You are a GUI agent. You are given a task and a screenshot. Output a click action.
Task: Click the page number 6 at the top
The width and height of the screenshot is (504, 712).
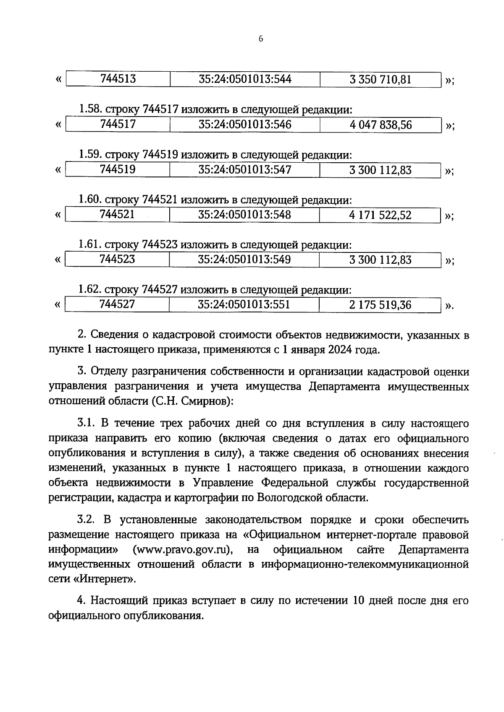pos(260,39)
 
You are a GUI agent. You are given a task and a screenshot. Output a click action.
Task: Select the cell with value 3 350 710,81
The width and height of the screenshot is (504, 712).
pos(380,79)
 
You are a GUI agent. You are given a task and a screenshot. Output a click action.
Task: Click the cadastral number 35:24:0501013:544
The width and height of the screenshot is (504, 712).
pos(245,79)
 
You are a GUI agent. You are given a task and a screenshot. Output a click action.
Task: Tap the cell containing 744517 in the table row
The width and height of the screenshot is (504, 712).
pos(118,124)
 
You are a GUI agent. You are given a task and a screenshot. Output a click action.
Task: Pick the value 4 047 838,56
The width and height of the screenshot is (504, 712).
pos(381,125)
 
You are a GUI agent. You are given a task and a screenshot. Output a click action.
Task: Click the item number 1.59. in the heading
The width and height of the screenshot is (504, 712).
pos(90,155)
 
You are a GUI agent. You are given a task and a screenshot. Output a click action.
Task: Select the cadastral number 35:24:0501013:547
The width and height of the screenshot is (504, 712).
pos(244,169)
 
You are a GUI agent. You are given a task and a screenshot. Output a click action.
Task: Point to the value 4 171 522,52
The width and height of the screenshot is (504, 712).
pos(380,215)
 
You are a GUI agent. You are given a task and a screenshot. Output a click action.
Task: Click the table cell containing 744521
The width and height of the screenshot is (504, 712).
pos(117,214)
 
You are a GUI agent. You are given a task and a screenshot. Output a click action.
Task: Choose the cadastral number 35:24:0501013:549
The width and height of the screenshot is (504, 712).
pos(244,259)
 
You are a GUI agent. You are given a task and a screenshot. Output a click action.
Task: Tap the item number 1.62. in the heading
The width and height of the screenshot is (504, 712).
pos(90,289)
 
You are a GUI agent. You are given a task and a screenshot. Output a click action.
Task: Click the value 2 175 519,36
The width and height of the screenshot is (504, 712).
pos(380,305)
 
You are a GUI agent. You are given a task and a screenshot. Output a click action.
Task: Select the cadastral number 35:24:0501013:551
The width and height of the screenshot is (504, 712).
pos(244,304)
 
